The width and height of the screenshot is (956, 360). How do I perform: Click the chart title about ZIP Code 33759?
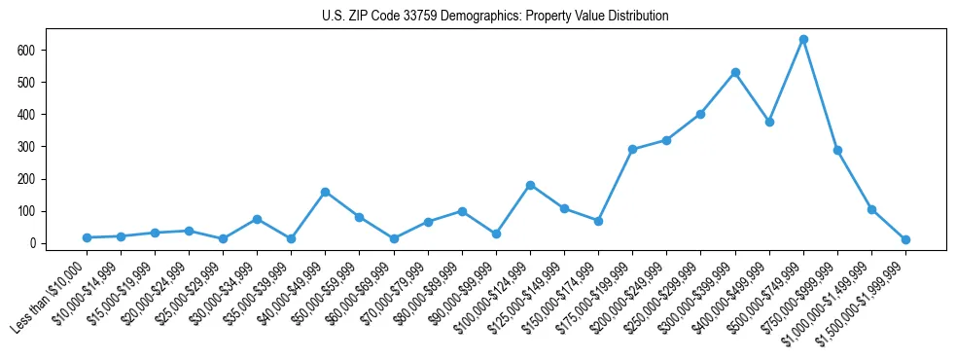(x=495, y=17)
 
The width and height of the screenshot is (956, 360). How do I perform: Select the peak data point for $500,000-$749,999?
(x=803, y=40)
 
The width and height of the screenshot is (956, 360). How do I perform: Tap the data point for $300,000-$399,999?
(x=735, y=72)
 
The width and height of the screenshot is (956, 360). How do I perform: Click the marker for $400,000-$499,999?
(x=769, y=122)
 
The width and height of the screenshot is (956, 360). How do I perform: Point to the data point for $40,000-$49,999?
(x=325, y=192)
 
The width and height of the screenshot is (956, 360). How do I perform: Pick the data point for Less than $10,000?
(x=87, y=237)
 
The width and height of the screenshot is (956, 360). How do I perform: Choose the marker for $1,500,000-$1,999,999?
(x=905, y=239)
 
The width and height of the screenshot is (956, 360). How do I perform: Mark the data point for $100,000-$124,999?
(x=530, y=185)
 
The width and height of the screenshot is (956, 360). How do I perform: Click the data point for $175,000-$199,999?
(x=632, y=149)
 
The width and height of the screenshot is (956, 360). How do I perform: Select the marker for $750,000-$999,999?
(x=837, y=150)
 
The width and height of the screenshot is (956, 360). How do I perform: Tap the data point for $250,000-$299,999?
(x=700, y=114)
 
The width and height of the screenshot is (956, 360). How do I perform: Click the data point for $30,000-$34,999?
(x=257, y=219)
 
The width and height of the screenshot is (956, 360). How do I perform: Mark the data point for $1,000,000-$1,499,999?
(x=871, y=209)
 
